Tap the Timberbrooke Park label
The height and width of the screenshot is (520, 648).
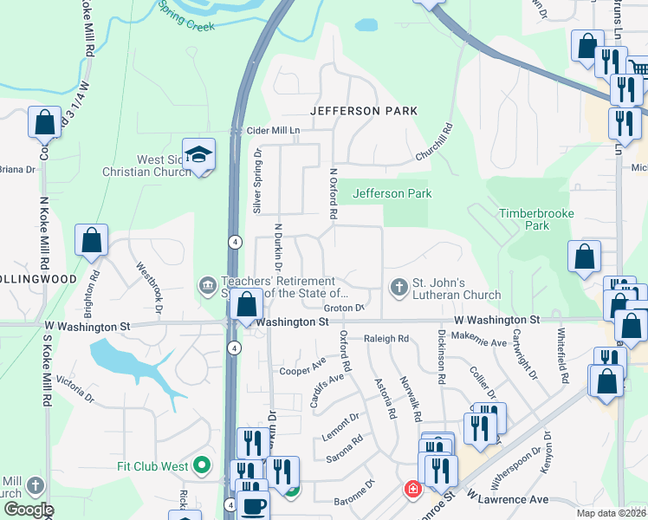pyautogui.click(x=524, y=219)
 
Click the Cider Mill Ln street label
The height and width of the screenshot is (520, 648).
pyautogui.click(x=270, y=130)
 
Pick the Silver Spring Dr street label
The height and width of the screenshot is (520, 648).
pyautogui.click(x=256, y=179)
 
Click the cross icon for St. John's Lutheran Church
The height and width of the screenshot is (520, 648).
pyautogui.click(x=399, y=287)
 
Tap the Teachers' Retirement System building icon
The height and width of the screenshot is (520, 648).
pyautogui.click(x=207, y=285)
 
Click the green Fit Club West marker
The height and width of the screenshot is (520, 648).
pyautogui.click(x=202, y=466)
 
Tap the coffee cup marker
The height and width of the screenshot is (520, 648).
pyautogui.click(x=253, y=506)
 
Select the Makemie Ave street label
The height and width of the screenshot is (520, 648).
pyautogui.click(x=483, y=343)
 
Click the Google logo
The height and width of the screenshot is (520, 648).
pyautogui.click(x=28, y=510)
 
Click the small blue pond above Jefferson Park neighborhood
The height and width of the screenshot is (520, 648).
pyautogui.click(x=366, y=25)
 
